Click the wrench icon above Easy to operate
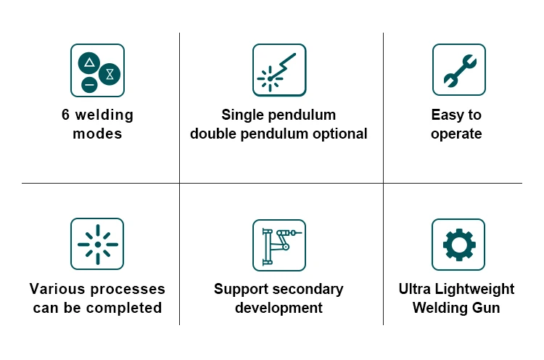point(459,70)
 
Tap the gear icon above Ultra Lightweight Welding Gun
point(458,245)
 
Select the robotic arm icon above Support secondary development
point(279,245)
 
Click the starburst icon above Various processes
point(97,245)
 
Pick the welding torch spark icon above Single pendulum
point(279,70)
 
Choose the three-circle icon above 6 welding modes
point(97,70)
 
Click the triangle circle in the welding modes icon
point(90,62)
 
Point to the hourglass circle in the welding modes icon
point(110,73)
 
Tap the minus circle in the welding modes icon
point(89,85)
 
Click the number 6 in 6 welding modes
point(65,115)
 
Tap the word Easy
point(445,115)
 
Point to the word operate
point(456,134)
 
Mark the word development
point(279,308)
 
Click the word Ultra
point(416,289)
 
